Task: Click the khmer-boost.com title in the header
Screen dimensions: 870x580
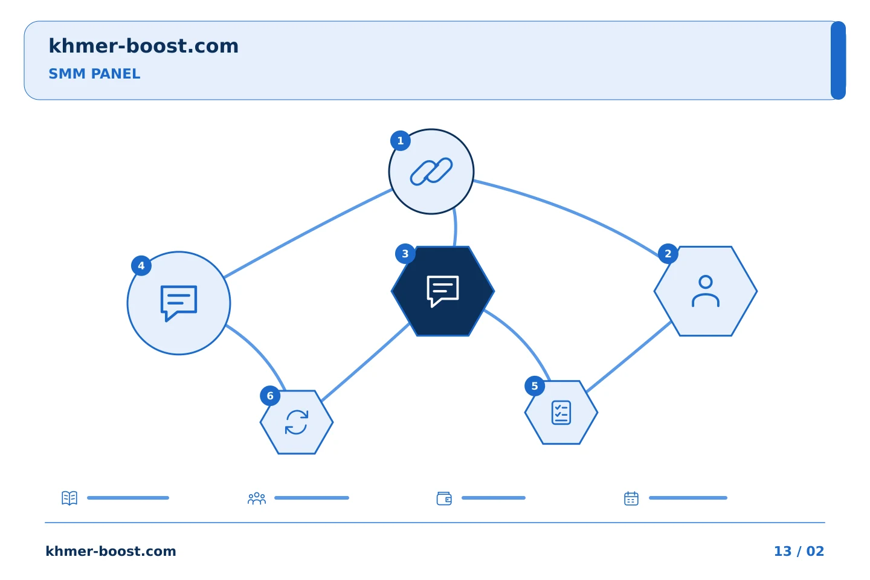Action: pyautogui.click(x=143, y=46)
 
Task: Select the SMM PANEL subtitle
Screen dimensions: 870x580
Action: pyautogui.click(x=94, y=74)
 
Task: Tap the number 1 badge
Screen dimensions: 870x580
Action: pyautogui.click(x=401, y=141)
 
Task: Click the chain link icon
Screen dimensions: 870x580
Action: pyautogui.click(x=431, y=172)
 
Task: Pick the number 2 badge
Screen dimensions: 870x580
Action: pyautogui.click(x=668, y=254)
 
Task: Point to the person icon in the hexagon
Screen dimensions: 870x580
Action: pyautogui.click(x=705, y=291)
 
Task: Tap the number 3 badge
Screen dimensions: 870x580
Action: pyautogui.click(x=405, y=254)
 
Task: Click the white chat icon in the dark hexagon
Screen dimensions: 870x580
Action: pyautogui.click(x=443, y=291)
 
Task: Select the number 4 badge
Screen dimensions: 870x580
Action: pyautogui.click(x=141, y=266)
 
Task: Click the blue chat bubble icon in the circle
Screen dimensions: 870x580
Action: pyautogui.click(x=179, y=303)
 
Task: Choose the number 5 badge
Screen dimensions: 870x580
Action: pyautogui.click(x=535, y=386)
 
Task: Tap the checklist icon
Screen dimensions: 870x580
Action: pyautogui.click(x=561, y=413)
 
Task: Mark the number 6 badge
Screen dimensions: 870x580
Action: pyautogui.click(x=270, y=396)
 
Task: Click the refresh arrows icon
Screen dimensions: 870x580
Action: pyautogui.click(x=297, y=422)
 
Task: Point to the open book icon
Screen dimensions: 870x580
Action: pyautogui.click(x=69, y=498)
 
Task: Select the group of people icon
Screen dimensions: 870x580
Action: pyautogui.click(x=257, y=498)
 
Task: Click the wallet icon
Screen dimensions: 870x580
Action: pyautogui.click(x=444, y=498)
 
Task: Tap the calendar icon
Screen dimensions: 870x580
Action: pyautogui.click(x=631, y=498)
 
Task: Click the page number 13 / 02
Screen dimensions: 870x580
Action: pyautogui.click(x=799, y=551)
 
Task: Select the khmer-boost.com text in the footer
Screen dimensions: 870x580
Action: pyautogui.click(x=111, y=551)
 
